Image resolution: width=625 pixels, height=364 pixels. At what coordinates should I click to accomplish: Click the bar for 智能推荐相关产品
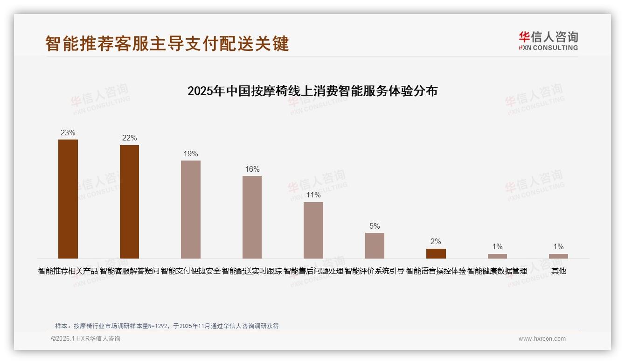[68, 199]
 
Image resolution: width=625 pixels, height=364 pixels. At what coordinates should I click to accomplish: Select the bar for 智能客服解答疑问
[129, 202]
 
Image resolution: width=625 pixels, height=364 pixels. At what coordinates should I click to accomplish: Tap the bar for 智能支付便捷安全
[191, 210]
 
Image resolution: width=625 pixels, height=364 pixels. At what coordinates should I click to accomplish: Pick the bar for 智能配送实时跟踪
[252, 217]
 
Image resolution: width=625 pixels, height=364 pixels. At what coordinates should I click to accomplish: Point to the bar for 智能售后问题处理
[313, 230]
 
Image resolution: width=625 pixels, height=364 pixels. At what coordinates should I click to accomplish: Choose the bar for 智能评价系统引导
[375, 245]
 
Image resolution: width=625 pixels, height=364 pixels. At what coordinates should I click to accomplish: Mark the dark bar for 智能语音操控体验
[436, 253]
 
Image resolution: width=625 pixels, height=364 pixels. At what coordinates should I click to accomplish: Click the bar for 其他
[558, 256]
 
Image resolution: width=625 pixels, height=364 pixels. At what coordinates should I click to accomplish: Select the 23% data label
[68, 133]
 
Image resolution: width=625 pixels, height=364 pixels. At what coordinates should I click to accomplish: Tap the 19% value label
[191, 154]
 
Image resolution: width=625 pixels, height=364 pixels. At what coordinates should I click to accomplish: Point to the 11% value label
[313, 195]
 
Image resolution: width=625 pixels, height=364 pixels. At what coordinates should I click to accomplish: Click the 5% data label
[375, 226]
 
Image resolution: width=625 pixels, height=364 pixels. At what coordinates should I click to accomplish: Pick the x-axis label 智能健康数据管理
[497, 271]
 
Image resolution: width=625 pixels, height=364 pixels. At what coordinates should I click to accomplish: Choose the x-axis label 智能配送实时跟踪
[252, 271]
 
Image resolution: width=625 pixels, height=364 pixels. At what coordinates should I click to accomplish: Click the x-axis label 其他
[558, 271]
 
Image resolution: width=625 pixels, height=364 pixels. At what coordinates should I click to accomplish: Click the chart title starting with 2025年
[312, 91]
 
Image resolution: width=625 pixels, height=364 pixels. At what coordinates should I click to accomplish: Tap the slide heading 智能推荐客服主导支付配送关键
[167, 43]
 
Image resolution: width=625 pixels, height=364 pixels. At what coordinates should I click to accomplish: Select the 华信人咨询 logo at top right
[548, 41]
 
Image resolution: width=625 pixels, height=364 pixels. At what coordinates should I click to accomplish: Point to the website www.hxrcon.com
[542, 339]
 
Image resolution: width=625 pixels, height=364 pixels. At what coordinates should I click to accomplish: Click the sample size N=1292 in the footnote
[158, 326]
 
